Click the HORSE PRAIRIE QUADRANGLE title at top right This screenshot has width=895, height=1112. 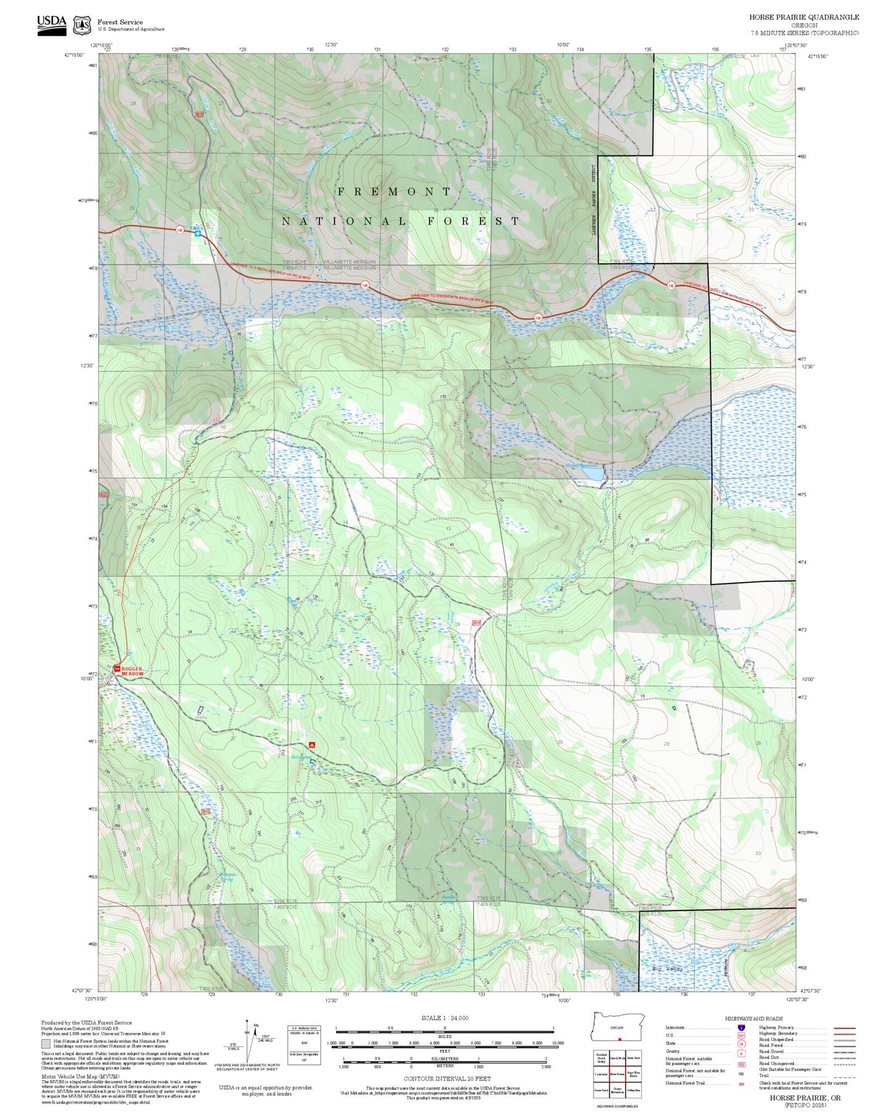click(803, 17)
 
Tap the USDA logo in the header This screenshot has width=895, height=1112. click(51, 24)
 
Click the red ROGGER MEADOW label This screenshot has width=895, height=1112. click(132, 671)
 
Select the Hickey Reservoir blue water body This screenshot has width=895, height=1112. click(592, 474)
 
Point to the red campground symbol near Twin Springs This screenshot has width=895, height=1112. click(312, 744)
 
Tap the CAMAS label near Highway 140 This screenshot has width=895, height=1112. click(195, 229)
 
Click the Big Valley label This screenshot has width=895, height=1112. click(667, 968)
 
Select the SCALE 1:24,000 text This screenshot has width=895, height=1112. click(444, 1018)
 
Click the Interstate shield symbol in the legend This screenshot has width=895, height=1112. click(741, 1028)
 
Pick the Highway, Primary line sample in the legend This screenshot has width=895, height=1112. click(844, 1028)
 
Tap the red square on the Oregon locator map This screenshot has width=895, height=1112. click(619, 1039)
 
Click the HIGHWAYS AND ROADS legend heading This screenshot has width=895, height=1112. click(753, 1018)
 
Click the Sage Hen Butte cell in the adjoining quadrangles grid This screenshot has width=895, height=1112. click(633, 1074)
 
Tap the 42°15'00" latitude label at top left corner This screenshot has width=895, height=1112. click(73, 56)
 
